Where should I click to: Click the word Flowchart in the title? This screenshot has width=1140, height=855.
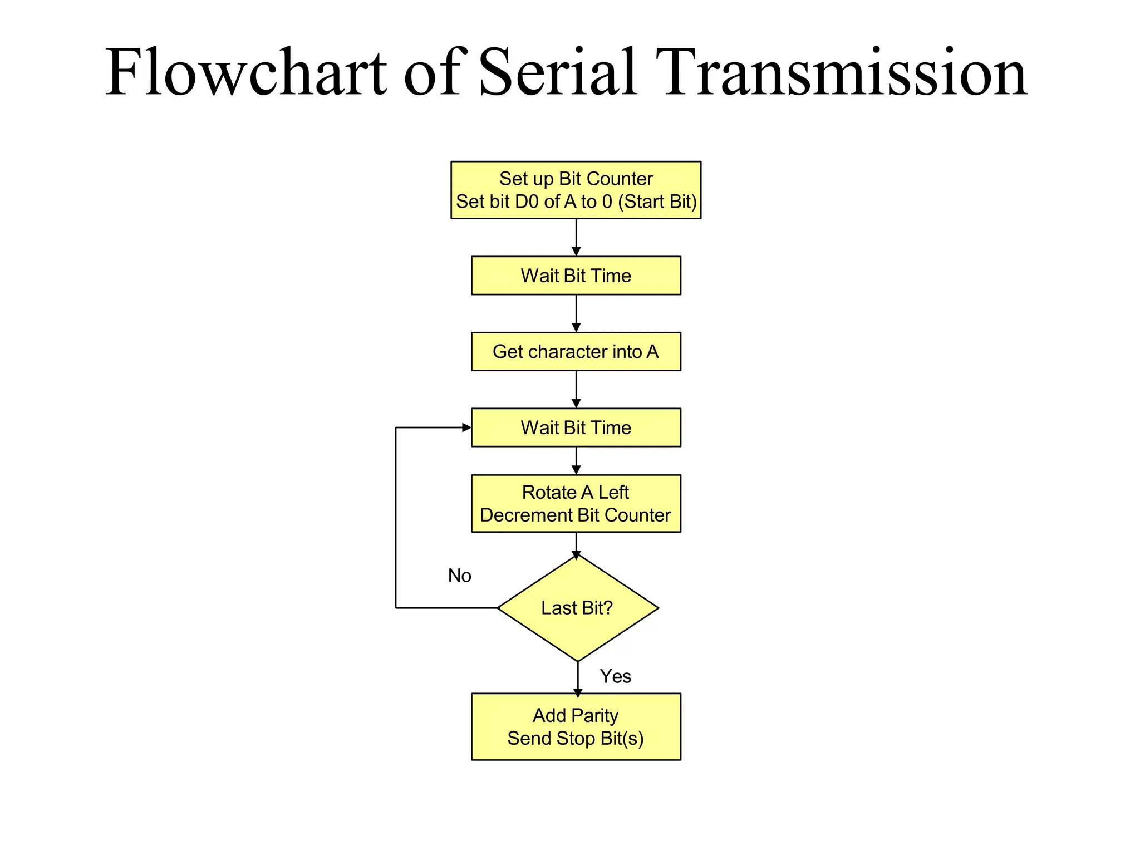pos(245,72)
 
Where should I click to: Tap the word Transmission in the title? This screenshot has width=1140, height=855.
pos(841,72)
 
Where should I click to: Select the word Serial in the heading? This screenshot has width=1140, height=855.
pos(557,72)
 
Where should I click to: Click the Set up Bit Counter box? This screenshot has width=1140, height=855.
pos(576,190)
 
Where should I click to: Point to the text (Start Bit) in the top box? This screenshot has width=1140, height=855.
pos(657,202)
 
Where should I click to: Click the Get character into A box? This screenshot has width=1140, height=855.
pos(576,352)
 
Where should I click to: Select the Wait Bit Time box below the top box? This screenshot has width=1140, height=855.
pos(576,276)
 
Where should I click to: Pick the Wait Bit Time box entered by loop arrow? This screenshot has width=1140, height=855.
pos(576,427)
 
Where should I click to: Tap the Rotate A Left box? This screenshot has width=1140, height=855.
pos(576,503)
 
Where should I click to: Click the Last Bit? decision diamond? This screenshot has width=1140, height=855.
pos(577,608)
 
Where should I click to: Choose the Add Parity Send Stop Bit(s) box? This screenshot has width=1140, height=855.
pos(576,726)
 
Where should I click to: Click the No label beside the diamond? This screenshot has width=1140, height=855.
pos(459,576)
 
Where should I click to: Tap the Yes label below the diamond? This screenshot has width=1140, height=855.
pos(615,676)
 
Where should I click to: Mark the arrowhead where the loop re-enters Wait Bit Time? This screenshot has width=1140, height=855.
pos(466,427)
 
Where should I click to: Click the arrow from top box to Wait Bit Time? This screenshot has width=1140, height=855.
pos(576,237)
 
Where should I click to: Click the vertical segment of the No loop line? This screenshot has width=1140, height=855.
pos(396,518)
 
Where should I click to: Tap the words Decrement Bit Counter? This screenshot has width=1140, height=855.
pos(576,515)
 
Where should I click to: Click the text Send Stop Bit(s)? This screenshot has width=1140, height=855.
pos(576,739)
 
